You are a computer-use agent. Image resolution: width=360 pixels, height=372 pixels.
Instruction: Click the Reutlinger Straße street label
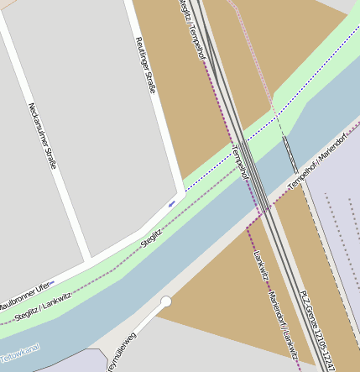pos(145,65)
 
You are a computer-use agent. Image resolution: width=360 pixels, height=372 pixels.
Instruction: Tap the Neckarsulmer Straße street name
pos(42,135)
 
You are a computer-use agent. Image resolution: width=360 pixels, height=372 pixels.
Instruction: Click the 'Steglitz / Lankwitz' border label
pos(43,308)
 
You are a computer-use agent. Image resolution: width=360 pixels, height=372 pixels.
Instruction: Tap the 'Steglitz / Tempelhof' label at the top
pos(192,29)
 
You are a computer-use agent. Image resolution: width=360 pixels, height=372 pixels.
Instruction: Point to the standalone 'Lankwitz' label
pos(260,265)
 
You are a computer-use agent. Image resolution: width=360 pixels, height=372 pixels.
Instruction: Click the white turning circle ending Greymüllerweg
pos(166,301)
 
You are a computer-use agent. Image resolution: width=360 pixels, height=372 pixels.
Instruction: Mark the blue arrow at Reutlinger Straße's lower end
pos(172,203)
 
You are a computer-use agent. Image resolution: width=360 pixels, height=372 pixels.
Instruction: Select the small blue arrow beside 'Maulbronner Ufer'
pos(52,283)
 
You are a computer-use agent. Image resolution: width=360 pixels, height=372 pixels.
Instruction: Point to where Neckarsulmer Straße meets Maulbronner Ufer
pos(90,256)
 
